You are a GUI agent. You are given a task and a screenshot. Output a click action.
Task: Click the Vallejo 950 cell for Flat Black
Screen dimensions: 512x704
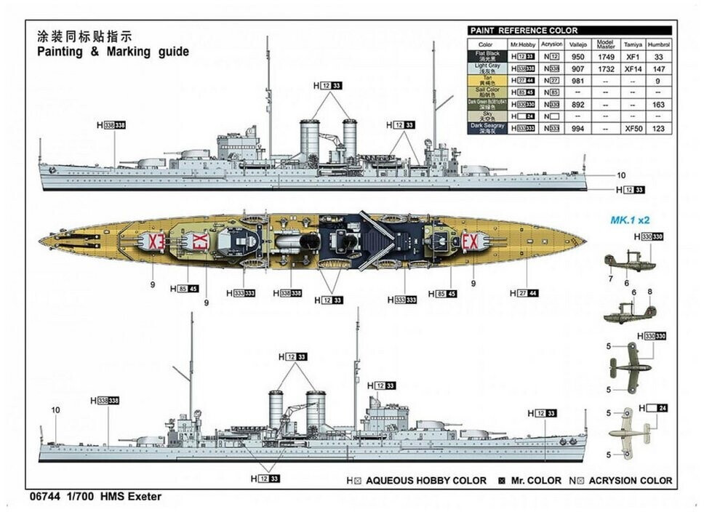(x=578, y=56)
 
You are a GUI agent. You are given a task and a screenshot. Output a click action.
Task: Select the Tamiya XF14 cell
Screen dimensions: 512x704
(x=633, y=68)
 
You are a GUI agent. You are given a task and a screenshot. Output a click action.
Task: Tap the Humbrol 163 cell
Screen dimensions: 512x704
(x=659, y=104)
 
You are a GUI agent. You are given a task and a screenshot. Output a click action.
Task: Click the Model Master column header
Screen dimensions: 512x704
(x=606, y=44)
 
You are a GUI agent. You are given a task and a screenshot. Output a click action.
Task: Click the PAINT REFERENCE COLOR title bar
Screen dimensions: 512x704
(x=524, y=31)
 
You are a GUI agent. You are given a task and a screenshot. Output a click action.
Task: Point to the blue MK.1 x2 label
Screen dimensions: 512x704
(x=630, y=219)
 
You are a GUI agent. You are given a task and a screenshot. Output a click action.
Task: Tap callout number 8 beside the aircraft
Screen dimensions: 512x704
(x=649, y=292)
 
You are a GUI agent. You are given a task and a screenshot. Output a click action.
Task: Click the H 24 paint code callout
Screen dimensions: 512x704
(x=652, y=408)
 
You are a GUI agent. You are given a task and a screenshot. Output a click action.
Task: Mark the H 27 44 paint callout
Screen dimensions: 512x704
(x=524, y=293)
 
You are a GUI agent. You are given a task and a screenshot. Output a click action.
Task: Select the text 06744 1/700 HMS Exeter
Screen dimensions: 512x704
(x=93, y=497)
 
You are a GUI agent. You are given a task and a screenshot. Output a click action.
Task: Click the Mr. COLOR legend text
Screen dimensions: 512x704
(x=535, y=481)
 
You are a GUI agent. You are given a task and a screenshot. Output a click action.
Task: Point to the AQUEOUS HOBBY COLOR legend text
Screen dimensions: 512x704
(x=426, y=481)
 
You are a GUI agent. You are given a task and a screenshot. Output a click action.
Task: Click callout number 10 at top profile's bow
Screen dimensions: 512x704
(x=621, y=175)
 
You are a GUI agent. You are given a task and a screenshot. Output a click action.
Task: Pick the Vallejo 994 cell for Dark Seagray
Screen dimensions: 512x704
(x=578, y=128)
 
